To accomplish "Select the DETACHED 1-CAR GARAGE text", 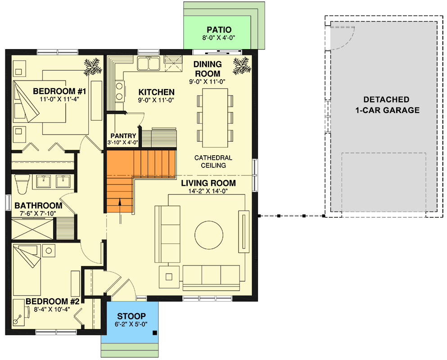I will pyautogui.click(x=386, y=105).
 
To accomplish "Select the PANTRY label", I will pyautogui.click(x=123, y=135).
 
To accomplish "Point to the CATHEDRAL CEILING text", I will pyautogui.click(x=213, y=162).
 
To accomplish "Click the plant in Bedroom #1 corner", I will pyautogui.click(x=93, y=66).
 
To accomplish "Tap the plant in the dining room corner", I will pyautogui.click(x=241, y=66).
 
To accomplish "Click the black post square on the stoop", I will pyautogui.click(x=154, y=333).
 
